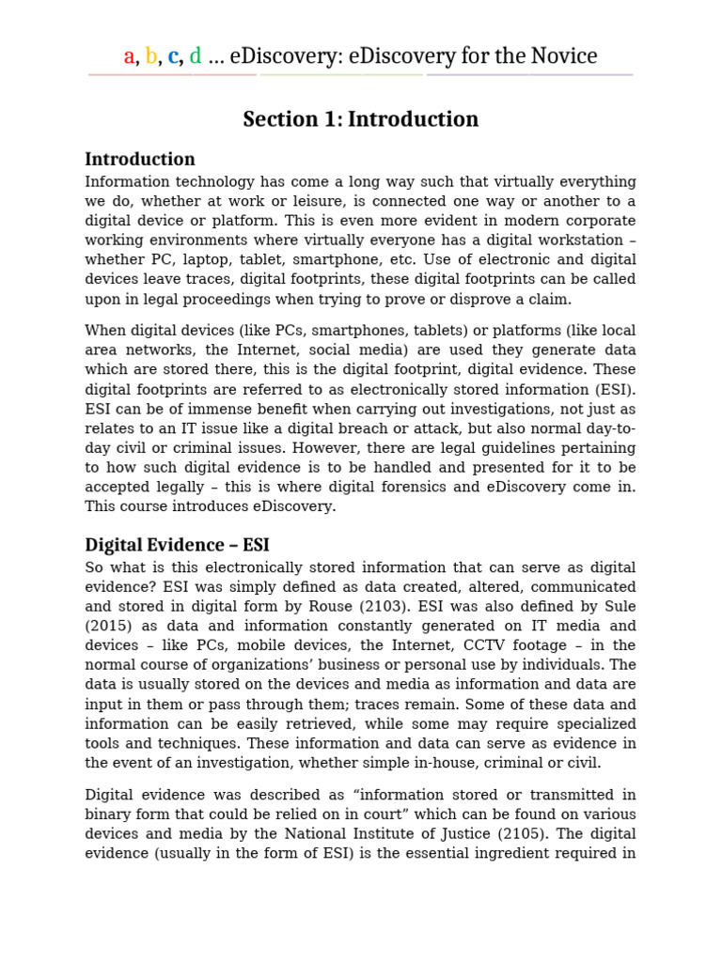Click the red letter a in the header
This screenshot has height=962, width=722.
pos(129,57)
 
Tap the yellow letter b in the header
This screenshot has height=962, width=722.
pos(150,56)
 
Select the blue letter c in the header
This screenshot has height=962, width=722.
pos(173,57)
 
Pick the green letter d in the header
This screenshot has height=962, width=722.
pos(196,56)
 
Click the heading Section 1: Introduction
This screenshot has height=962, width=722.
pos(360,119)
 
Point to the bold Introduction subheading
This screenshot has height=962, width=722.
pos(140,159)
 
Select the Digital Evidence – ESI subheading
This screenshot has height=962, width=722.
pos(177,545)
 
